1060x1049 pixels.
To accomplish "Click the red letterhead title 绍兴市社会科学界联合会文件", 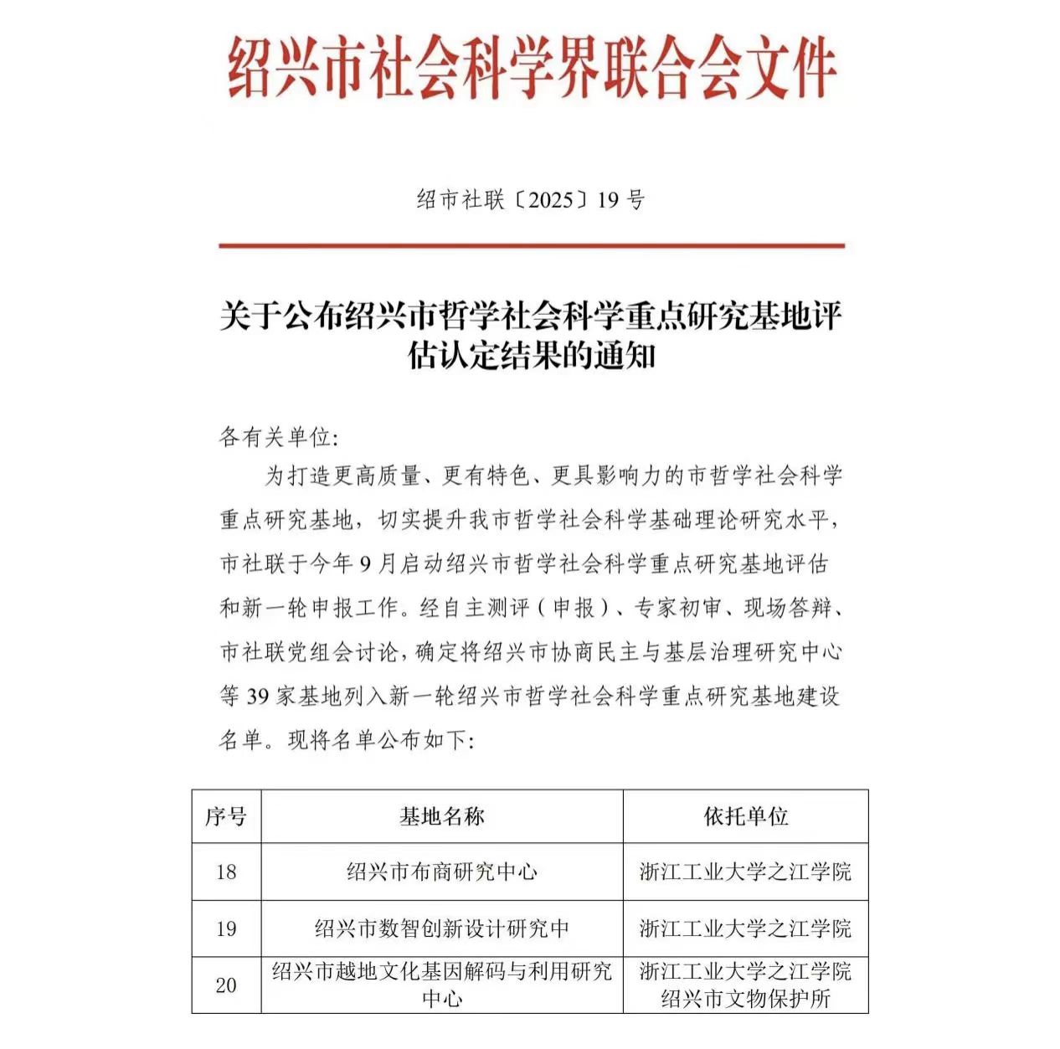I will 532,68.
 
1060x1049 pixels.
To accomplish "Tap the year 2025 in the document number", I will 550,200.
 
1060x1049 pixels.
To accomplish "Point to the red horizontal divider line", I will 532,246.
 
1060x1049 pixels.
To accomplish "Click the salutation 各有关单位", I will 275,437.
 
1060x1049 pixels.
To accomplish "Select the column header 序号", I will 226,816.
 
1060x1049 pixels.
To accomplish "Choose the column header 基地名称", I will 441,816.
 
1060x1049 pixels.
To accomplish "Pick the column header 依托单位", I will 745,816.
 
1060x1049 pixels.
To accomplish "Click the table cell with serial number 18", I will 226,872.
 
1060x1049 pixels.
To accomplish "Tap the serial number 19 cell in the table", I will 226,928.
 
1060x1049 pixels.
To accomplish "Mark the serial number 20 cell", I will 226,985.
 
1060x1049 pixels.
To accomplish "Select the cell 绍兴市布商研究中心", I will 441,872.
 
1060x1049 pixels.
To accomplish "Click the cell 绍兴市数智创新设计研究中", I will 441,928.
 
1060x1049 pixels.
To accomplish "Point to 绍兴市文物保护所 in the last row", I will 745,999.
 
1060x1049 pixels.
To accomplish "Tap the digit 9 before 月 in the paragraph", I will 365,564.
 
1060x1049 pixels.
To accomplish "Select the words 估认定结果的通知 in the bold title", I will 531,356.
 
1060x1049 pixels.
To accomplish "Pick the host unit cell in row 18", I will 745,872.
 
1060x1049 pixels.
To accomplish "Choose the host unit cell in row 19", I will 745,928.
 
